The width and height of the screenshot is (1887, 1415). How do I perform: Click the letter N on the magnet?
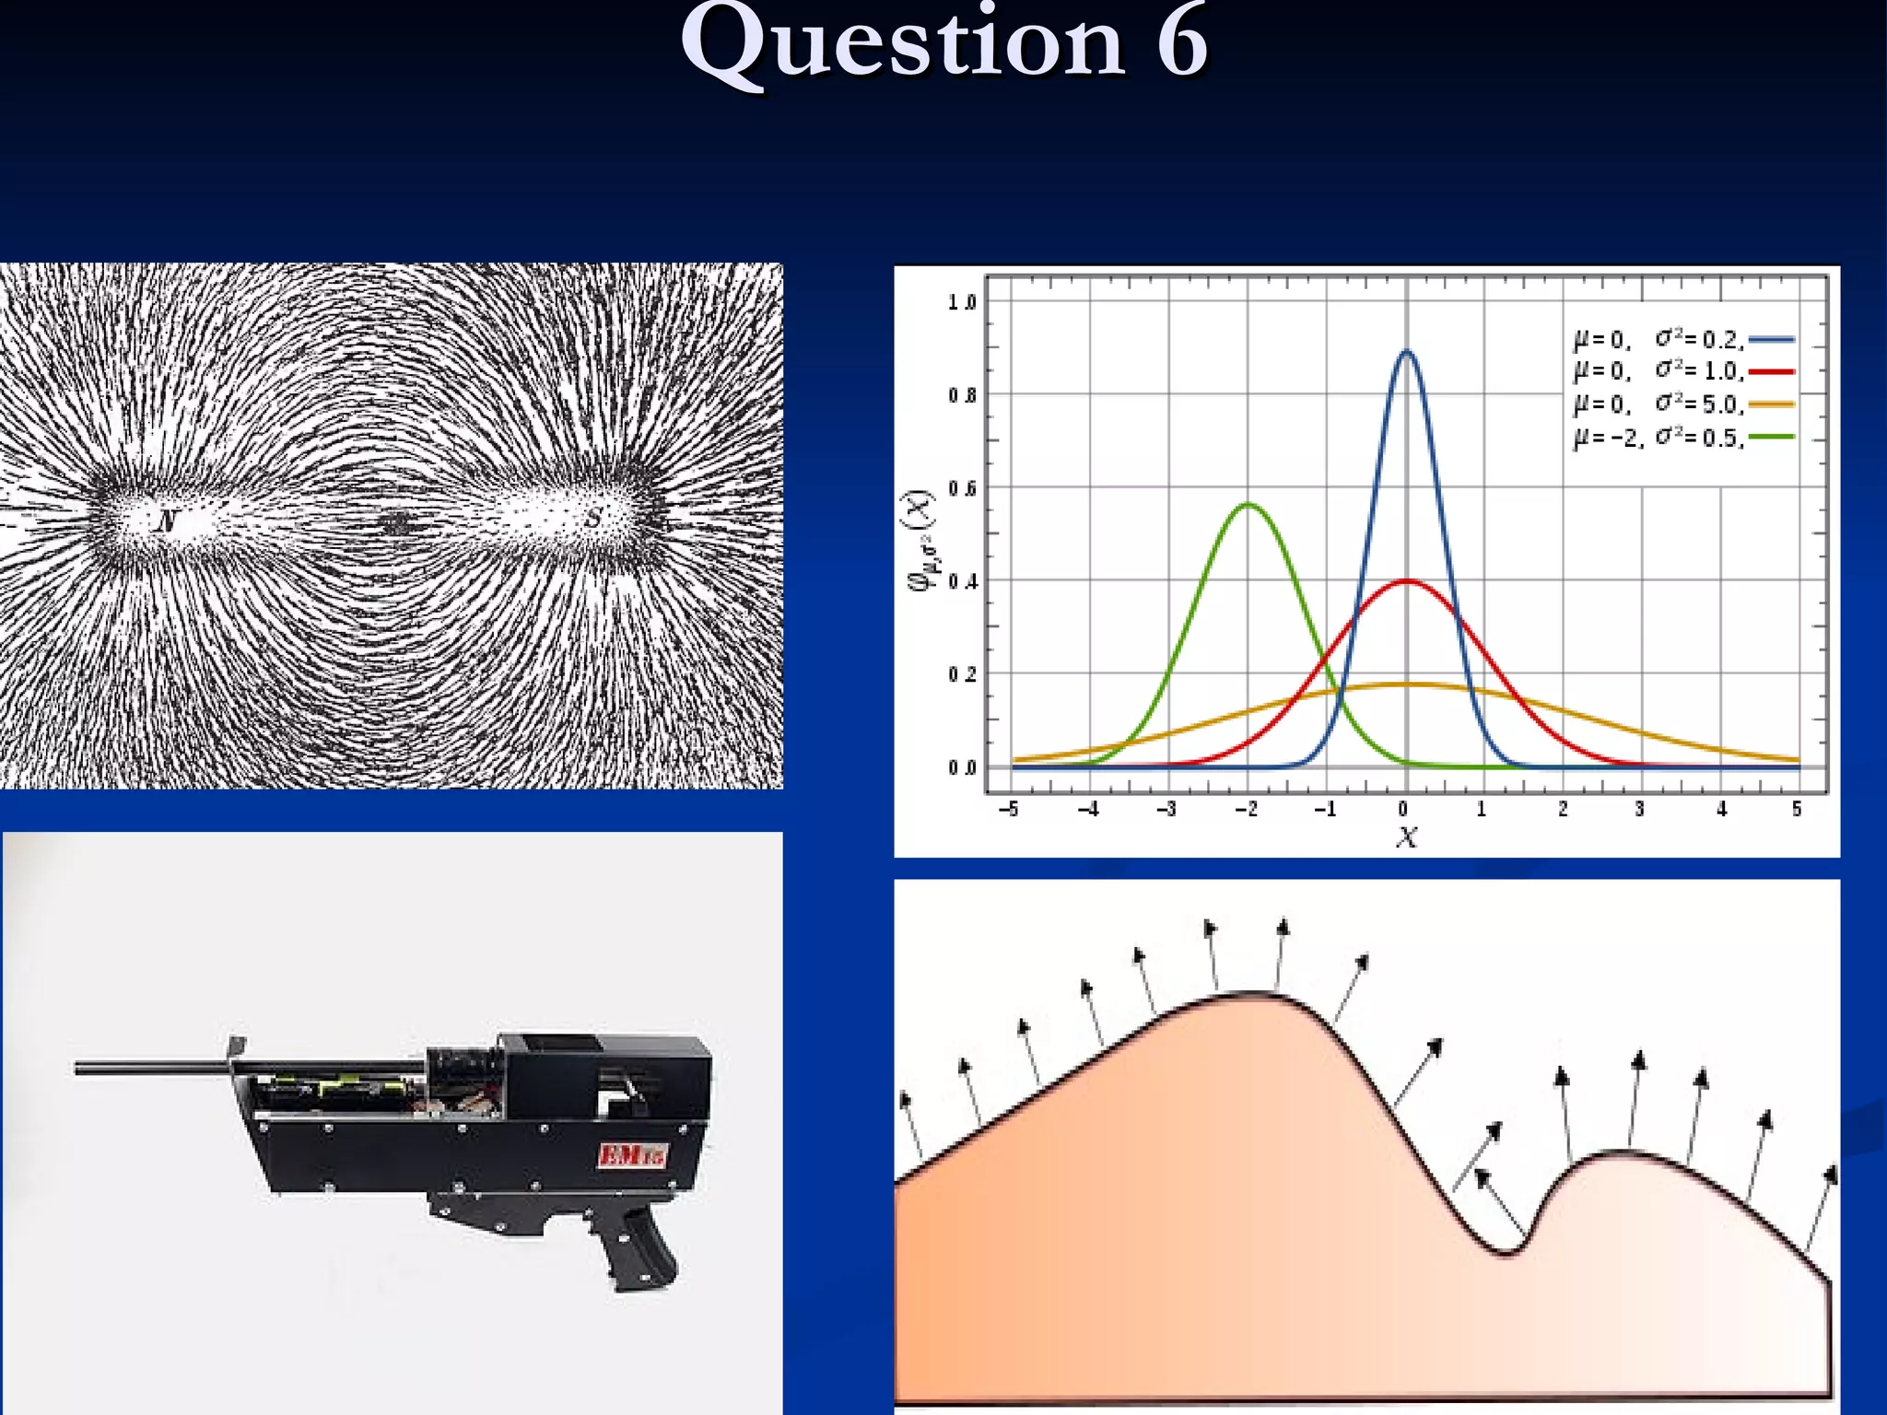(166, 522)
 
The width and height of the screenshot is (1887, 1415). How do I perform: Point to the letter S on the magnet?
(593, 519)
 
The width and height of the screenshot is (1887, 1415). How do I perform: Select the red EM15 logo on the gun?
(632, 1154)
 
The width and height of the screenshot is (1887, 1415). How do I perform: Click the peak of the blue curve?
(1406, 351)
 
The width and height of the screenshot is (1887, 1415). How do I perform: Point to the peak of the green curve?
(1248, 504)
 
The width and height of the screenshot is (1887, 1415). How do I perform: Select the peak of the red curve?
(1406, 580)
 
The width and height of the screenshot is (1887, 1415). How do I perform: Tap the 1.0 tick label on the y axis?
(962, 302)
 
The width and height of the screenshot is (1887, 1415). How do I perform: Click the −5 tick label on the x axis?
(1009, 810)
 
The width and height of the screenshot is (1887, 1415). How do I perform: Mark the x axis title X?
(1406, 836)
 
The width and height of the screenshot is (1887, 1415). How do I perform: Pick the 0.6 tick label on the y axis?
(962, 488)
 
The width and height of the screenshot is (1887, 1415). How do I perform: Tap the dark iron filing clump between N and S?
(397, 524)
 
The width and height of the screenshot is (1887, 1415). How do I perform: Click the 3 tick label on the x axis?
(1639, 810)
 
